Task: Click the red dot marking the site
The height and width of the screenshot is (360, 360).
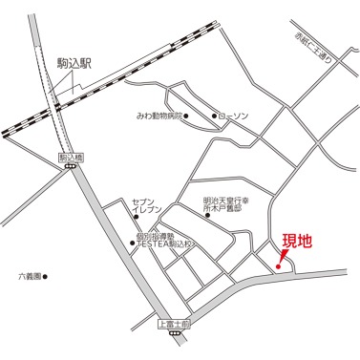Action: pyautogui.click(x=277, y=265)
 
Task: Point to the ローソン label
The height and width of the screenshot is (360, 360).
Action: pyautogui.click(x=233, y=117)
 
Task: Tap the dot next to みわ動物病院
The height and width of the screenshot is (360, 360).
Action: pyautogui.click(x=187, y=117)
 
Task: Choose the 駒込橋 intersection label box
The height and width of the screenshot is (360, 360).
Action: pyautogui.click(x=71, y=157)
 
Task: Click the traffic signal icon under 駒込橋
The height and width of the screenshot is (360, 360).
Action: pyautogui.click(x=71, y=166)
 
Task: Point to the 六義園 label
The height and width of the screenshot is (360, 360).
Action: pyautogui.click(x=30, y=277)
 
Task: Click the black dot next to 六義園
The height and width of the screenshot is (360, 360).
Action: pyautogui.click(x=48, y=278)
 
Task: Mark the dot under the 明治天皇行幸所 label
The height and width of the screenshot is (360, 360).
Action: pyautogui.click(x=208, y=217)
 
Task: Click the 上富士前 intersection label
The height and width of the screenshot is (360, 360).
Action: pyautogui.click(x=173, y=325)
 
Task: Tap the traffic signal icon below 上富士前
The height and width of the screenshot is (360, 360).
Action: pyautogui.click(x=173, y=335)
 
